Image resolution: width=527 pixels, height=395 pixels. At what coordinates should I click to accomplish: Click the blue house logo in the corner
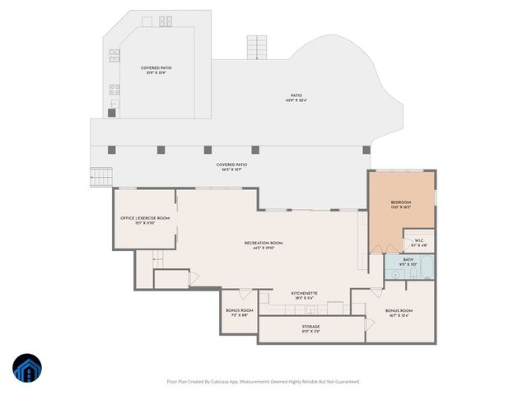tap(26, 369)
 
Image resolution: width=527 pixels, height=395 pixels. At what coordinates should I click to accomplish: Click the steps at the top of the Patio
tap(259, 48)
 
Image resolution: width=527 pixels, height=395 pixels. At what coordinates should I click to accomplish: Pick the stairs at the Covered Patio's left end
tap(100, 176)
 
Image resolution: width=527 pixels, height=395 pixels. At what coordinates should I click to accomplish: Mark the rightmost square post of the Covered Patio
tap(366, 150)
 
